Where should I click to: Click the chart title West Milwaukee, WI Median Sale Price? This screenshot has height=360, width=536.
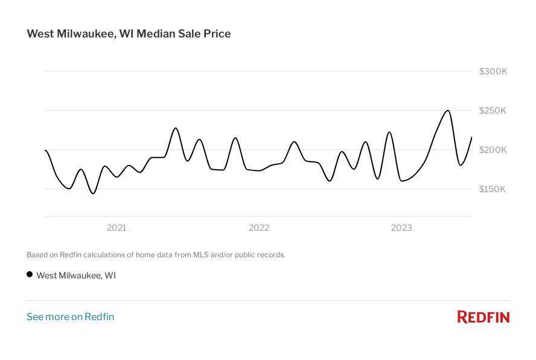click(129, 34)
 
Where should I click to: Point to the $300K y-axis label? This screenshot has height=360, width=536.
click(493, 71)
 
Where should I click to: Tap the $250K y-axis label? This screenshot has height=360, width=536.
click(493, 111)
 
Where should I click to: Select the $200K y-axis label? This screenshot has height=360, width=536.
click(493, 150)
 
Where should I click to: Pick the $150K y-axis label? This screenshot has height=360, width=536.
click(493, 189)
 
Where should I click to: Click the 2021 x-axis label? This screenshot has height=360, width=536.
click(116, 228)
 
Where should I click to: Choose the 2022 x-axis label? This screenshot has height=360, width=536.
click(259, 228)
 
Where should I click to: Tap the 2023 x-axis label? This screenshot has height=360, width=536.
click(401, 228)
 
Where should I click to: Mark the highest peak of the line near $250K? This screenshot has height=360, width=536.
click(447, 111)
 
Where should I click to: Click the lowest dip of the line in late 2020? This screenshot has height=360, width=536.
click(93, 193)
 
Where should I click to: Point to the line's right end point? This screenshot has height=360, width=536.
click(471, 137)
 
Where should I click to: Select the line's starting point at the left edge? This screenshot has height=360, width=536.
click(45, 150)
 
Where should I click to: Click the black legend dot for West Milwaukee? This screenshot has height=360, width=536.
click(30, 274)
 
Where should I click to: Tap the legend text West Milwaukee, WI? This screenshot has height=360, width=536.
click(76, 275)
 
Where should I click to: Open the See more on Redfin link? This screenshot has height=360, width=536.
click(70, 317)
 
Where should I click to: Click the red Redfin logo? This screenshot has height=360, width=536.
click(483, 317)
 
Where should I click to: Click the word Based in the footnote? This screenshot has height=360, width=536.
click(37, 255)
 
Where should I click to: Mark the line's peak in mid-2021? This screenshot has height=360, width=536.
click(176, 128)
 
